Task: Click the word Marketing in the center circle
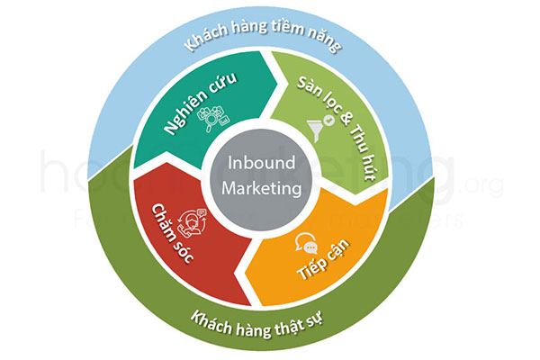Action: click(267, 188)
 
